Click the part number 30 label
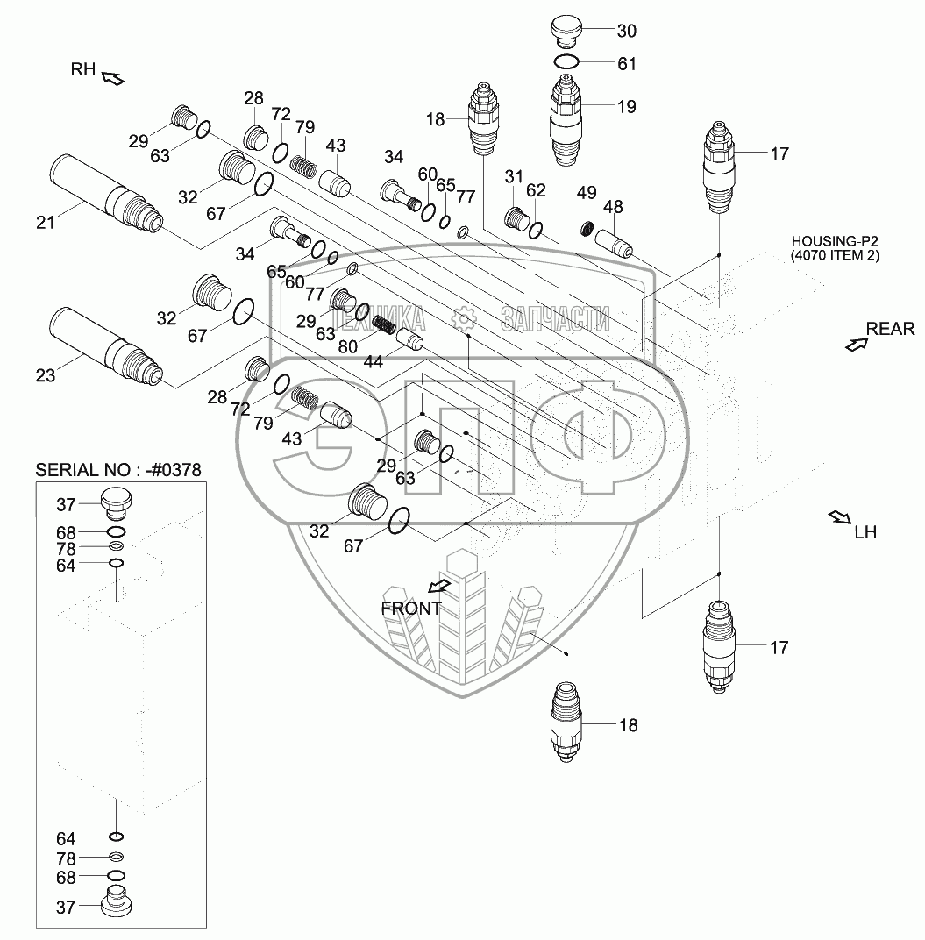(x=627, y=31)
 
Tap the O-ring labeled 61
(x=566, y=61)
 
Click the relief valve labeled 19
(x=566, y=120)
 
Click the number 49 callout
(x=587, y=192)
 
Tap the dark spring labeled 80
(x=384, y=325)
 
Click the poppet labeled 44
(x=410, y=340)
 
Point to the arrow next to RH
(x=113, y=78)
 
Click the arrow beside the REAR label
(x=857, y=344)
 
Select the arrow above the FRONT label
(x=440, y=586)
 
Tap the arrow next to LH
(x=839, y=517)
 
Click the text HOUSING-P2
(x=835, y=241)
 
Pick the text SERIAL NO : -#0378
(x=118, y=469)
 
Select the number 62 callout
(x=536, y=190)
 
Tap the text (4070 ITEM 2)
(x=835, y=255)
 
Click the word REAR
(x=890, y=329)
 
